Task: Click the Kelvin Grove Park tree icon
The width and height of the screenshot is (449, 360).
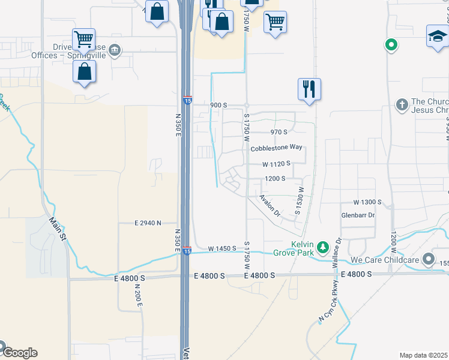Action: [323, 247]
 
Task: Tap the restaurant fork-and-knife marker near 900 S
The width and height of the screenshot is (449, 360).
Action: [309, 88]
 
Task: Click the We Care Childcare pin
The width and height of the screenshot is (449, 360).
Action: [428, 259]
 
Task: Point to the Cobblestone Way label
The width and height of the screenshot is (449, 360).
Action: [276, 148]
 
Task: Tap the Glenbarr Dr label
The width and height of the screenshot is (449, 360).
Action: [358, 215]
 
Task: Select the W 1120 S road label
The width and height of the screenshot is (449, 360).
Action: [276, 163]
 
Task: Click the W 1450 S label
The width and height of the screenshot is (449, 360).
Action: [223, 248]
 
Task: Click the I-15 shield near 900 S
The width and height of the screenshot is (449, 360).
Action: [188, 101]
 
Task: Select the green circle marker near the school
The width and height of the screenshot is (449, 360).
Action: [391, 44]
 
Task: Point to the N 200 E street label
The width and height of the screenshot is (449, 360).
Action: [138, 296]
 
